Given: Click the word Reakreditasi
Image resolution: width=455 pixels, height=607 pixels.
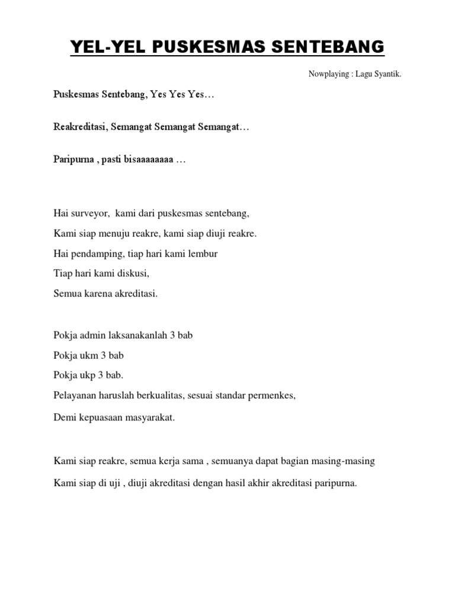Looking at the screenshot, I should (79, 128).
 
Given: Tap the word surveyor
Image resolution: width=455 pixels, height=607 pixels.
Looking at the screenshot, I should (89, 212).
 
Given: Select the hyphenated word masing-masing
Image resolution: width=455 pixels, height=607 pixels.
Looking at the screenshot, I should (345, 461).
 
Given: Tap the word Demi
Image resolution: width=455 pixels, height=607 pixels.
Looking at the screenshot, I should (64, 417).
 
